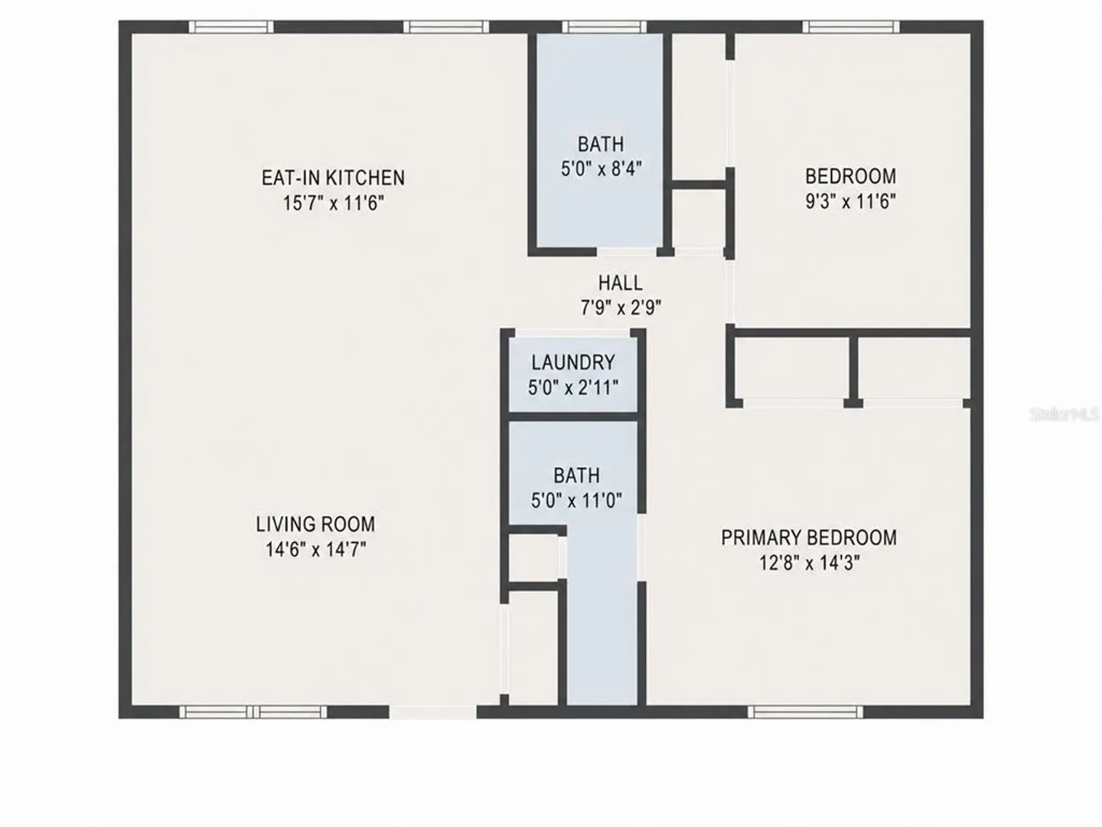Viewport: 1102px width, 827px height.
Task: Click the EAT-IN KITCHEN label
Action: [x=333, y=178]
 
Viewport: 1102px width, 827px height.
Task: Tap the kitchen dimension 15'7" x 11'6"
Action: [x=334, y=204]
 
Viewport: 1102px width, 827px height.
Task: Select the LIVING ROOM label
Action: [x=315, y=525]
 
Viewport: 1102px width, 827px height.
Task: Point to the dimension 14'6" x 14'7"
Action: [x=315, y=549]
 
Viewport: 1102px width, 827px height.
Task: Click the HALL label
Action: [x=620, y=283]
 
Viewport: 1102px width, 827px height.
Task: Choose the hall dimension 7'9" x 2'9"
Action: [x=621, y=308]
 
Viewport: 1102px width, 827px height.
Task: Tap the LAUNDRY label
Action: [x=573, y=362]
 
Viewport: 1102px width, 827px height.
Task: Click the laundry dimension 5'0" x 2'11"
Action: [x=573, y=387]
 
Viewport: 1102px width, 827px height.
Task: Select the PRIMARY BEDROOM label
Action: [x=809, y=538]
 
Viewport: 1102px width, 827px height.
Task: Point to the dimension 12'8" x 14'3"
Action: [x=809, y=563]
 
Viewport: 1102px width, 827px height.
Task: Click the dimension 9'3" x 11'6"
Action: [x=850, y=201]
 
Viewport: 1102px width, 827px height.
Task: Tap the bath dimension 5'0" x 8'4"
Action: [x=601, y=168]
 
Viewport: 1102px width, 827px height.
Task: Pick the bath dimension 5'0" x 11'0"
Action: [x=576, y=500]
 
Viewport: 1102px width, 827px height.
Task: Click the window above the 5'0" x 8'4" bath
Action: [x=605, y=27]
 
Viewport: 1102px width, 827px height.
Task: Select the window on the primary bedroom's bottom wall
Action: [x=805, y=711]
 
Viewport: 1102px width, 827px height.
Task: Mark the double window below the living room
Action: [x=253, y=711]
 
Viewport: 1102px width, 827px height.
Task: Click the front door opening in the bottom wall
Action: [x=433, y=711]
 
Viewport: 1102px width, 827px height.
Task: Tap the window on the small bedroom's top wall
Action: [x=851, y=27]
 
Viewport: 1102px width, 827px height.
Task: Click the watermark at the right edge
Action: [x=1065, y=414]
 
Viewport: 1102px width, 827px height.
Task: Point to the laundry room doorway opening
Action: [x=573, y=332]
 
